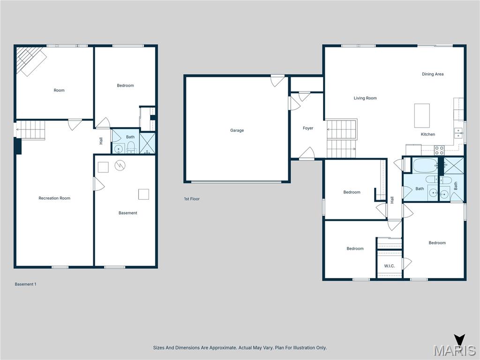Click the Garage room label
[x=237, y=130]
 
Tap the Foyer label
[x=308, y=128]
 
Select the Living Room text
[x=365, y=98]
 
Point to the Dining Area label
[x=433, y=74]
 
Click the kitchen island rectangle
[x=422, y=115]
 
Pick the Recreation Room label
[x=54, y=198]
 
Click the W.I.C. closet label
[x=390, y=266]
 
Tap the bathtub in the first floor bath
[x=425, y=165]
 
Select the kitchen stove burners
[x=439, y=150]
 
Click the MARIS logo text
[x=454, y=351]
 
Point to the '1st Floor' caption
[x=192, y=199]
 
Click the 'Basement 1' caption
[x=25, y=284]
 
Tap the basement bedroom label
[x=125, y=85]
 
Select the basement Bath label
[x=130, y=137]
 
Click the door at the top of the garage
[x=277, y=81]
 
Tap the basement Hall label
[x=101, y=140]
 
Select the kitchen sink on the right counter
[x=458, y=133]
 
